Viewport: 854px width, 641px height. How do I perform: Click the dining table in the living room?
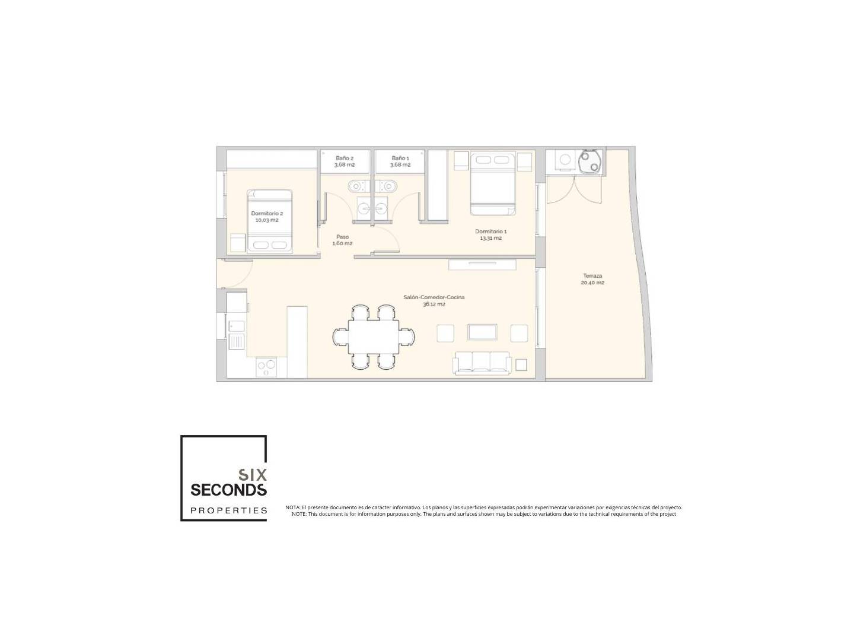(374, 337)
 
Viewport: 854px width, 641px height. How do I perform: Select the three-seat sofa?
(482, 363)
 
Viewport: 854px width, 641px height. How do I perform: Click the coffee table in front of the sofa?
(482, 332)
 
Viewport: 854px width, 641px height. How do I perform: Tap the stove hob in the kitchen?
(266, 367)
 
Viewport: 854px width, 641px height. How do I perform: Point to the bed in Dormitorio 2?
(270, 221)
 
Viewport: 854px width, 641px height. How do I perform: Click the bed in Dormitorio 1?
(493, 184)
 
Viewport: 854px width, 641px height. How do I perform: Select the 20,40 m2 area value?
(592, 283)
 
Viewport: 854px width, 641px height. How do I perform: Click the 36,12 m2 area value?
(434, 304)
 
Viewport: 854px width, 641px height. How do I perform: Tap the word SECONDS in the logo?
(228, 490)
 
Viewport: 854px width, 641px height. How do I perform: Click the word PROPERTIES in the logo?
(228, 510)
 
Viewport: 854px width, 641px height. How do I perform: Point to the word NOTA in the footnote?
(292, 507)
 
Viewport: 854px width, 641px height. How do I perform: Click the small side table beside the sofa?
(521, 365)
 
